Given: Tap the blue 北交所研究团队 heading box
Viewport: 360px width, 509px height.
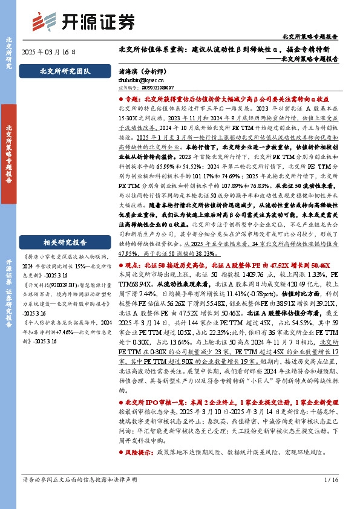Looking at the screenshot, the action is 65,71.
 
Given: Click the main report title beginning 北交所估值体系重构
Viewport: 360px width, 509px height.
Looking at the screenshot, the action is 228,49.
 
